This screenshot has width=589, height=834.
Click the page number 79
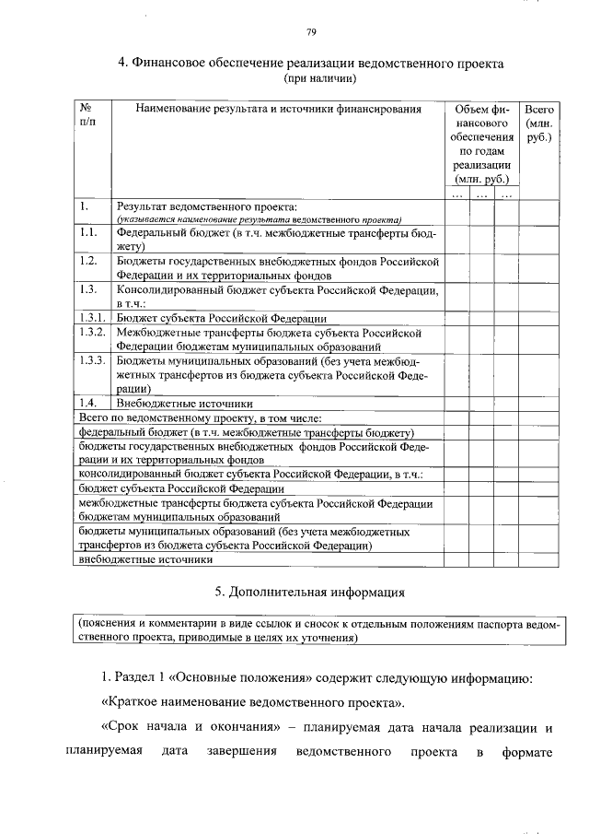tap(311, 33)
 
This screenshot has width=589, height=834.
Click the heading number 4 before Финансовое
tap(122, 65)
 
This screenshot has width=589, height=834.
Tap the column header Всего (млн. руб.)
tap(537, 123)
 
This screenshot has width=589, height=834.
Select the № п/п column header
tap(89, 116)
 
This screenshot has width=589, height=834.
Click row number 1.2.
tap(89, 262)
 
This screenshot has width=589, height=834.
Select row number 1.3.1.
tap(93, 318)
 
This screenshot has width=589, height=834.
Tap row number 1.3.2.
tap(93, 332)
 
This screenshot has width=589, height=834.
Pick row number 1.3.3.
tap(93, 361)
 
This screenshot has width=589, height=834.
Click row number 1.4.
tap(87, 404)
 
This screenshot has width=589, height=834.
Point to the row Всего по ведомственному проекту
tap(199, 418)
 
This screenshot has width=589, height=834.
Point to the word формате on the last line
tap(525, 752)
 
